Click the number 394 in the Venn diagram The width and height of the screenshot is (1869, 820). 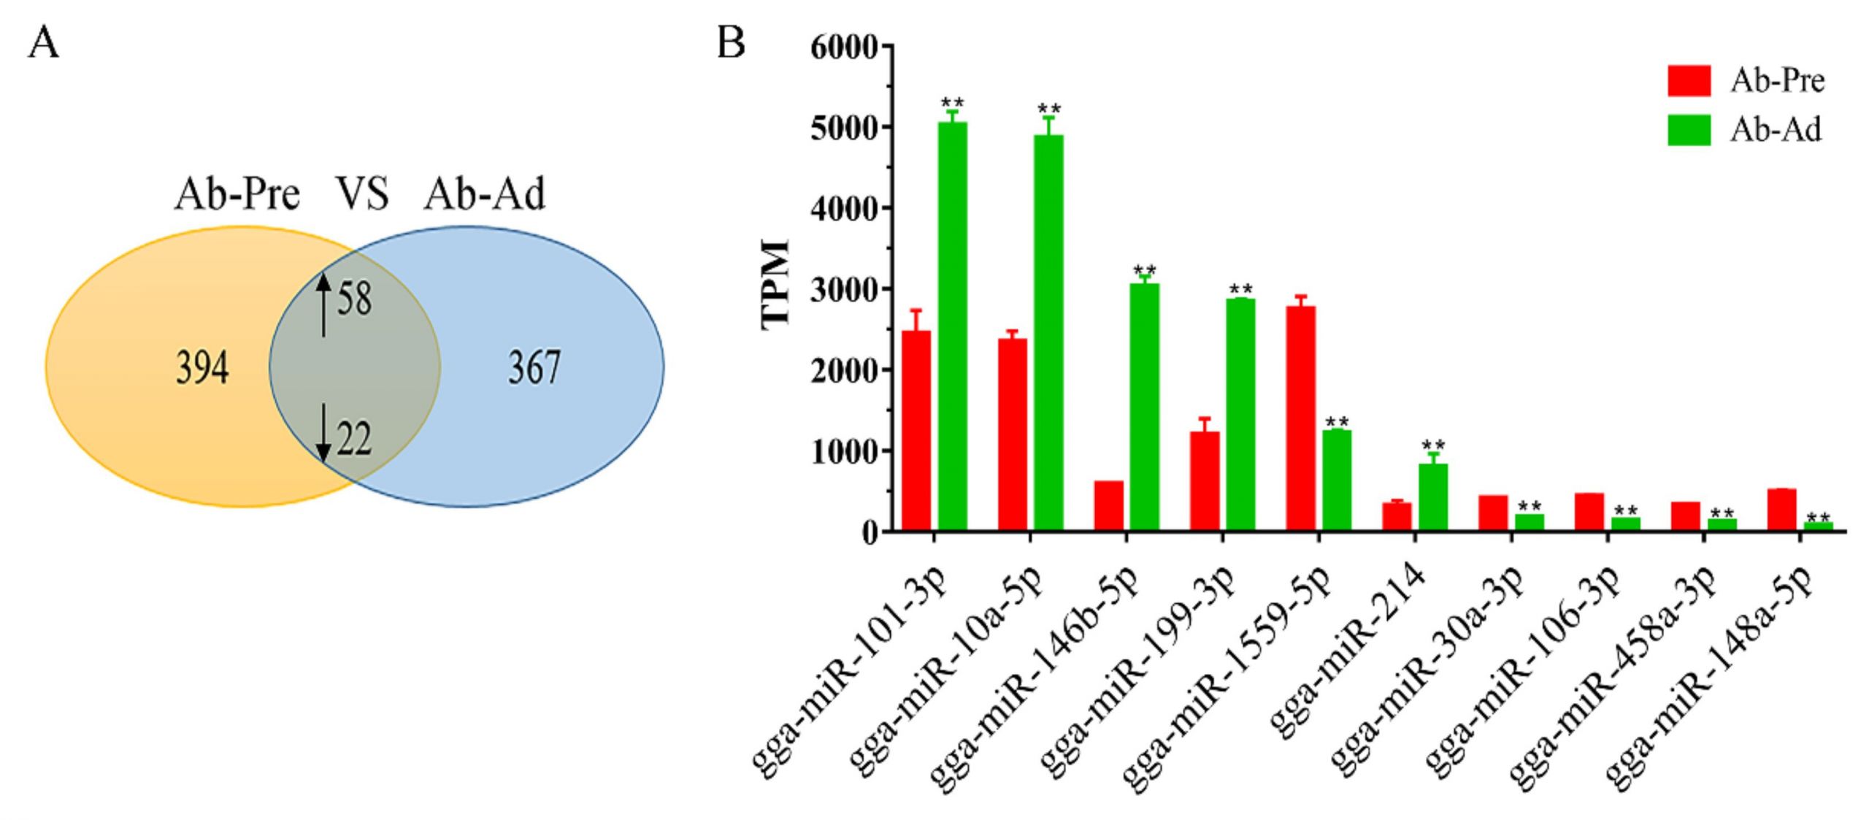pos(202,367)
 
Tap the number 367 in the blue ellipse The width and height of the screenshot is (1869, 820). pos(534,367)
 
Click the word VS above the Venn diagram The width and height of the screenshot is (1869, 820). pos(362,194)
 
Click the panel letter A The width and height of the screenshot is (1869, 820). pos(43,44)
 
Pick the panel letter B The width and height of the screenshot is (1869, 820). pos(731,43)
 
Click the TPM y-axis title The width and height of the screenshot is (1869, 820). pos(775,285)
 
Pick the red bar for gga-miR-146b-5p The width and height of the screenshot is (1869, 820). pos(1108,505)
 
